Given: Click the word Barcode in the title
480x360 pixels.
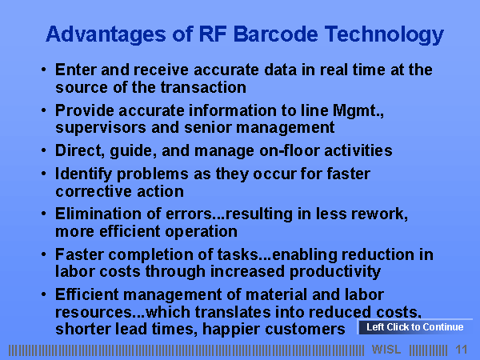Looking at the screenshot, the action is pyautogui.click(x=275, y=34).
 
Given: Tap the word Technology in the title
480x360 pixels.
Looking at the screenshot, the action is pyautogui.click(x=384, y=35).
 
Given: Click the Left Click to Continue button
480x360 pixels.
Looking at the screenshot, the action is pyautogui.click(x=415, y=327).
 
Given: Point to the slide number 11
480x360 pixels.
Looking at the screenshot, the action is pyautogui.click(x=462, y=350).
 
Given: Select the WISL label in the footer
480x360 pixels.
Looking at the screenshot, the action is pyautogui.click(x=386, y=350).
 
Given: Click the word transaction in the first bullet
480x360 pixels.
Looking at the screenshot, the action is pyautogui.click(x=203, y=87).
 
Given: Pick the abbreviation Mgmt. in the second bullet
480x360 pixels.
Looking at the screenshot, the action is pyautogui.click(x=358, y=111).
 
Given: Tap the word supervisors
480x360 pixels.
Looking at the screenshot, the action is pyautogui.click(x=101, y=128).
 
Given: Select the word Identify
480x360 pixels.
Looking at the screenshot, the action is pyautogui.click(x=83, y=174).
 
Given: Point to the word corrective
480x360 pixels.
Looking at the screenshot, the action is pyautogui.click(x=94, y=192).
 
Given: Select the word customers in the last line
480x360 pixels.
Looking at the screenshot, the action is pyautogui.click(x=306, y=330).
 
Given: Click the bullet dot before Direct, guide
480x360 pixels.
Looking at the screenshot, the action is pyautogui.click(x=44, y=150).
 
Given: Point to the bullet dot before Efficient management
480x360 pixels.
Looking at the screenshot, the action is pyautogui.click(x=44, y=294).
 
